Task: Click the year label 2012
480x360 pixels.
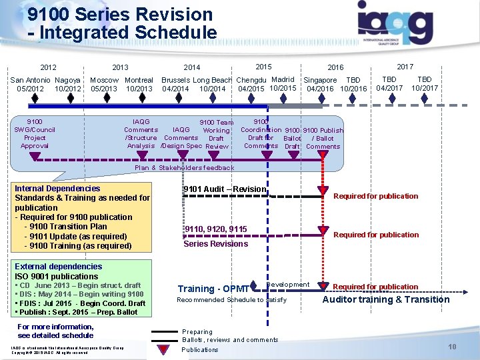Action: coord(48,67)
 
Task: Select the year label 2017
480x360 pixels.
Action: coord(405,66)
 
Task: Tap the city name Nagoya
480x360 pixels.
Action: coord(68,80)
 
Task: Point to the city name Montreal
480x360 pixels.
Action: coord(139,80)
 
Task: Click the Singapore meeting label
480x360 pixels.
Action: coord(320,81)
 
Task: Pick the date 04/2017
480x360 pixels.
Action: coord(389,87)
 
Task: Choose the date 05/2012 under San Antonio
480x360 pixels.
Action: coord(31,89)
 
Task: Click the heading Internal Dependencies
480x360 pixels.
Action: coord(57,189)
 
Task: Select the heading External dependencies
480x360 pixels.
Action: coord(59,267)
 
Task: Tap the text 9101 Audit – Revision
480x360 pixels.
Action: coord(225,189)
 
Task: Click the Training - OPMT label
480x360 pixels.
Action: coord(213,289)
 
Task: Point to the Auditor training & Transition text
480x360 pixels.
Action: coord(386,299)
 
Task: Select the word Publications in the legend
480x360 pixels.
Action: coord(200,349)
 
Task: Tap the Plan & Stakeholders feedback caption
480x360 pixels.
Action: coord(185,168)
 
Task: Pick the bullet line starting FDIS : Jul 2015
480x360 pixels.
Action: coord(80,303)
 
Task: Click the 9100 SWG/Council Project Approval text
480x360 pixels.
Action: coord(35,134)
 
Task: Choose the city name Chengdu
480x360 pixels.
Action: coord(252,81)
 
